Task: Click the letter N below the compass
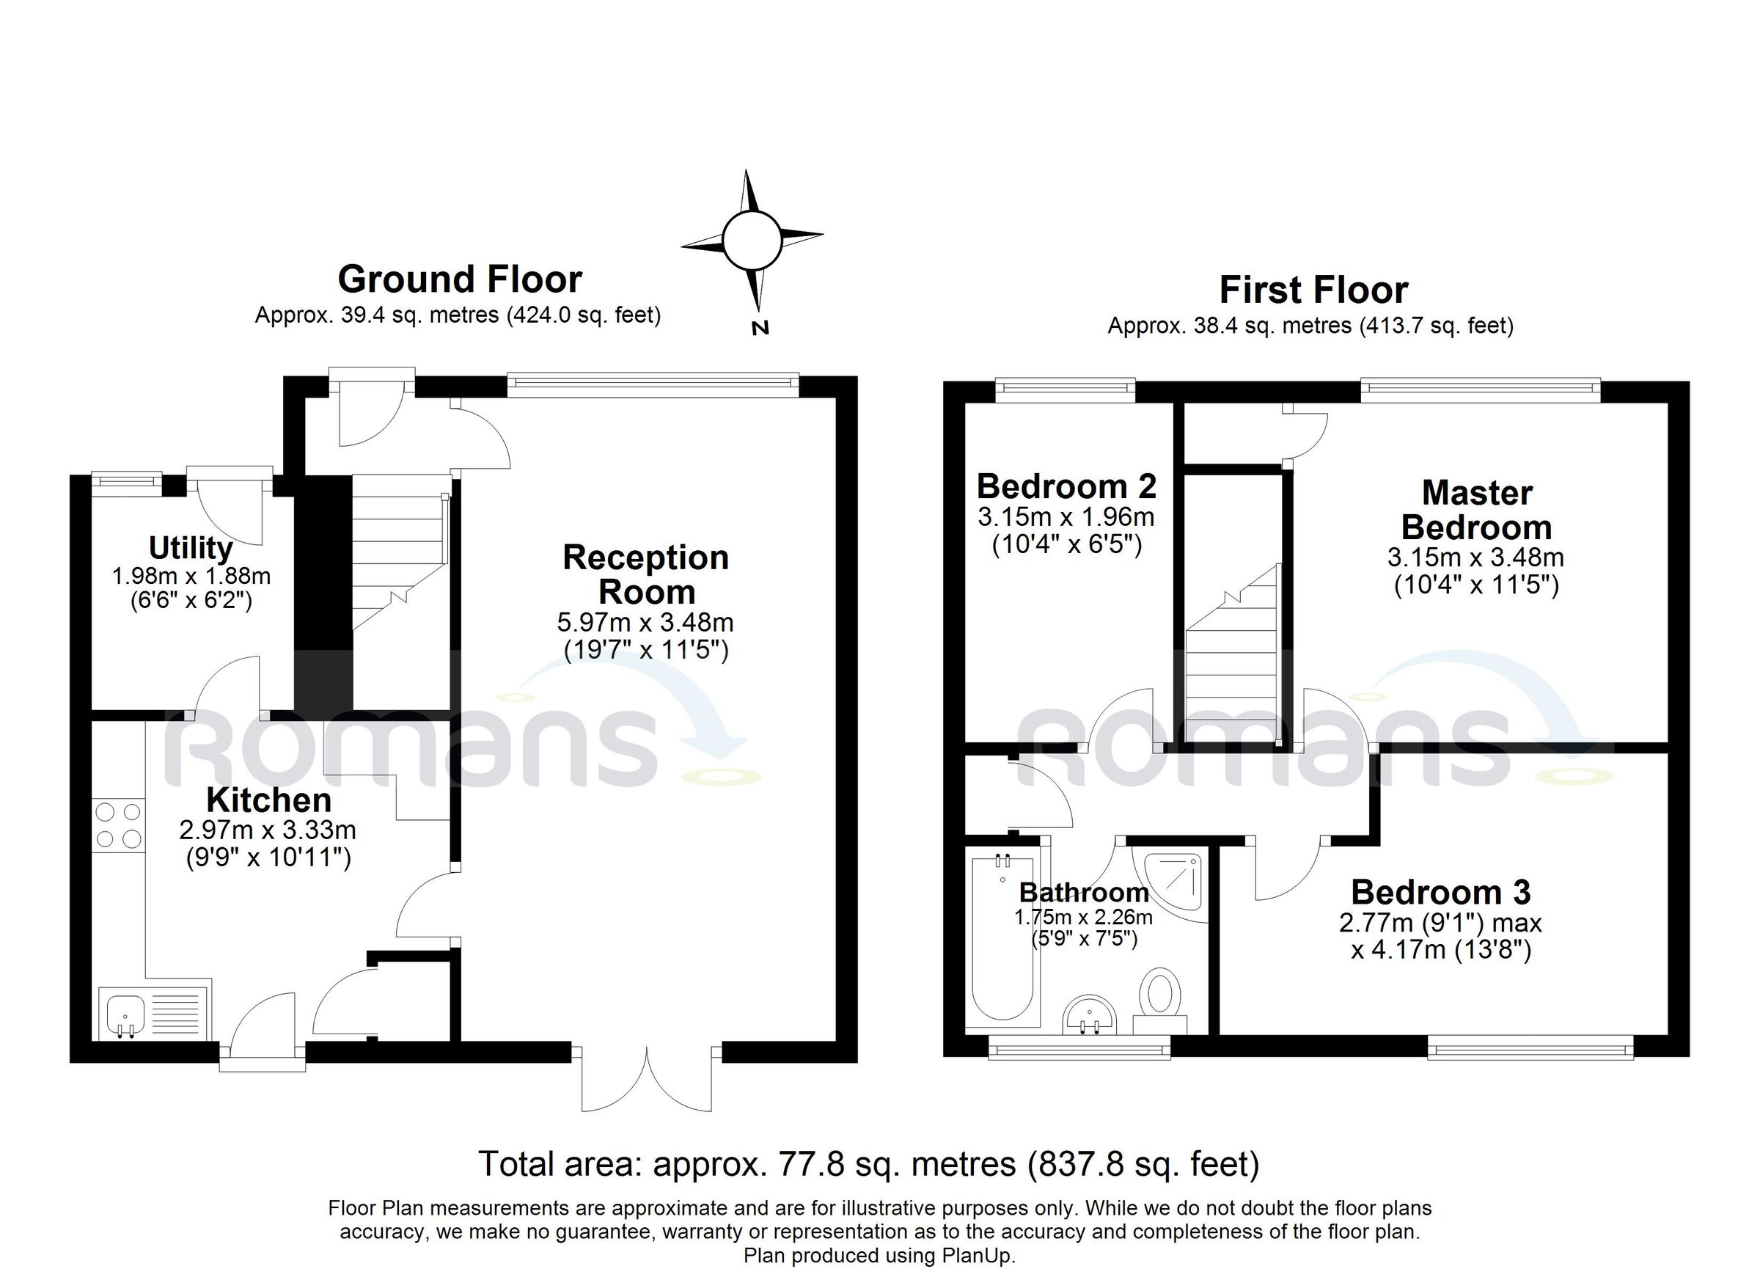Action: click(760, 328)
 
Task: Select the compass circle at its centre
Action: click(750, 239)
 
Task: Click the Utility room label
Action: click(191, 548)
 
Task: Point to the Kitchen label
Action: click(269, 800)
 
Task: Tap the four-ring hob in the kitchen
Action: click(119, 825)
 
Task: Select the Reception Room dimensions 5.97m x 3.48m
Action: click(645, 623)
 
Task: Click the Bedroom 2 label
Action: click(1066, 487)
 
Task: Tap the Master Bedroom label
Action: click(1476, 510)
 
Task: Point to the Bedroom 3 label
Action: click(1440, 893)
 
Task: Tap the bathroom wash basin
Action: click(1089, 1017)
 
